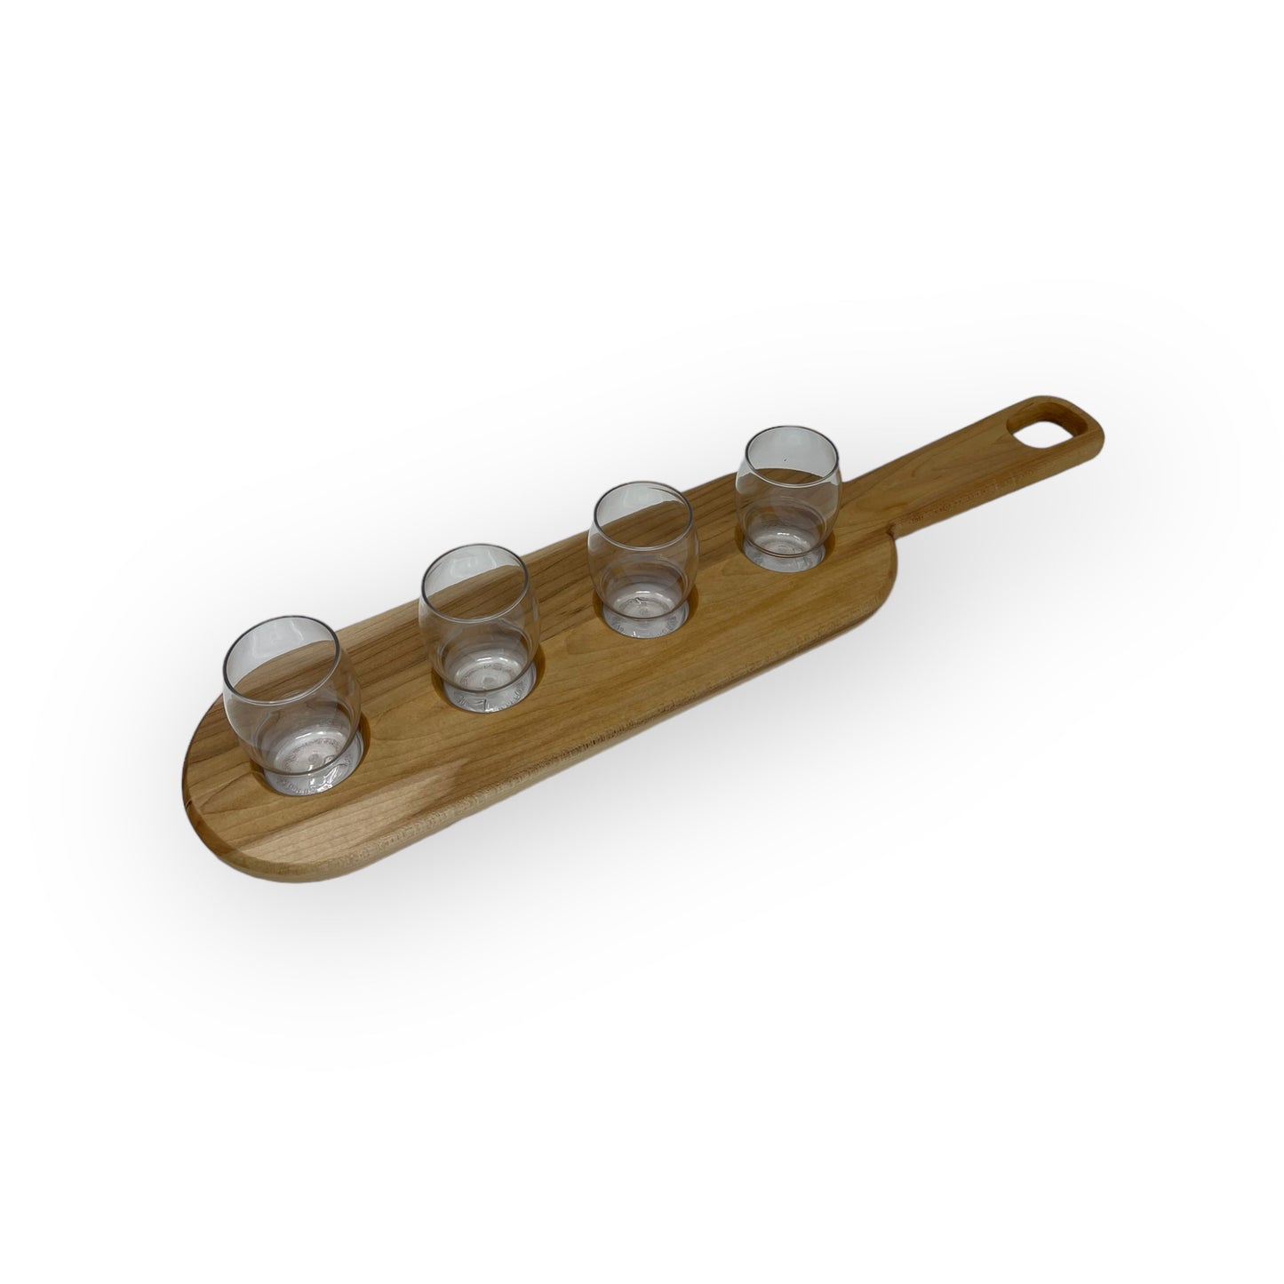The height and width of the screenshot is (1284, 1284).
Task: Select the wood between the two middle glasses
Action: [555, 631]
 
